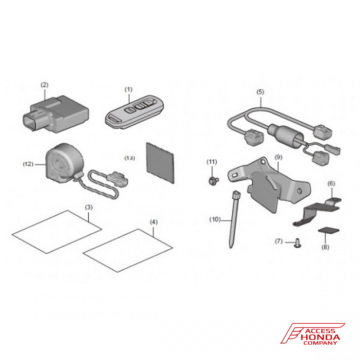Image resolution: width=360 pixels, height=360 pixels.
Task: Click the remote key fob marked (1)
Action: (134, 111)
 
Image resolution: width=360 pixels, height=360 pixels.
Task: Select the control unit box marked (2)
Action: (56, 114)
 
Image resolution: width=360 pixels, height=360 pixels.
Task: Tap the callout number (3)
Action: (89, 207)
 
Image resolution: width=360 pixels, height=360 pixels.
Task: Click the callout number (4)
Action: (154, 222)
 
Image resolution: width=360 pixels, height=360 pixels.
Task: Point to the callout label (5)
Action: (260, 92)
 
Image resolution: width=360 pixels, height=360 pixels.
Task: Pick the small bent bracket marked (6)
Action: (317, 211)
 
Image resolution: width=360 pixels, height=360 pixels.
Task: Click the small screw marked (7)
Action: (298, 243)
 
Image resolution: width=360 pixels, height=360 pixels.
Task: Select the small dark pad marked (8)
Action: (328, 230)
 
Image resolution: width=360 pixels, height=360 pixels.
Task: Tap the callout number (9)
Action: (279, 157)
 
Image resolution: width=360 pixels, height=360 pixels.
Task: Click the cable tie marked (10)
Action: (235, 219)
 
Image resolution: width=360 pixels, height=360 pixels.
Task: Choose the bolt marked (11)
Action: (213, 181)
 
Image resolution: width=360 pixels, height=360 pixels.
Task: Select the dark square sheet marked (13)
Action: (160, 163)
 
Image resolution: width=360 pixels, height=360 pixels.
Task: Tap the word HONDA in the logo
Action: (320, 337)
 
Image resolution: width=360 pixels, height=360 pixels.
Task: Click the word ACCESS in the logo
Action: (320, 331)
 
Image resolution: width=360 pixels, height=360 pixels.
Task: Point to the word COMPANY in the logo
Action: (320, 343)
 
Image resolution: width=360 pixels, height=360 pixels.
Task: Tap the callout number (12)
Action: (28, 164)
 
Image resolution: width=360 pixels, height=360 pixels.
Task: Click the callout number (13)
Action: (130, 158)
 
